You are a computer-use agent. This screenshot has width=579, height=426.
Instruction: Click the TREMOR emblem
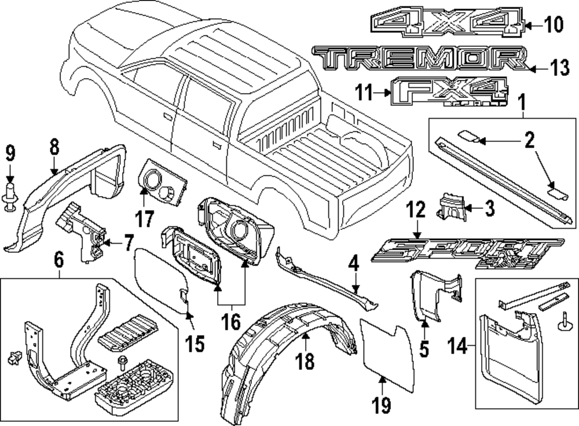(420, 59)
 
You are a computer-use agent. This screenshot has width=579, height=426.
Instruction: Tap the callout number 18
(305, 361)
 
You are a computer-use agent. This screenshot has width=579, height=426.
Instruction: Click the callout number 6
(58, 262)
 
